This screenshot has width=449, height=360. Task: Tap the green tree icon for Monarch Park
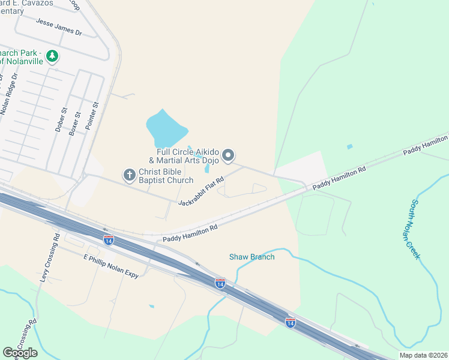(53, 56)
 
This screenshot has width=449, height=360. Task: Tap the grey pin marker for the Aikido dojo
(228, 156)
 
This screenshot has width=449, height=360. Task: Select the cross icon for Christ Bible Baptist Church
(129, 175)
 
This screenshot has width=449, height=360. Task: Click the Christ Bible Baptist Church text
(166, 176)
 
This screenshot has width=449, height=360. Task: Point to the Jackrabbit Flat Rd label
(201, 191)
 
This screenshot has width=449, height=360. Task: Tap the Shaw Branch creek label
(252, 257)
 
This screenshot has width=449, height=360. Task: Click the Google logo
(20, 353)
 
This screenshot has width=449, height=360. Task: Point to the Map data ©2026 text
(423, 355)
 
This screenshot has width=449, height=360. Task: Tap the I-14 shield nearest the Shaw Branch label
(220, 282)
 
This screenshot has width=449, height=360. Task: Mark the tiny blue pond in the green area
(349, 146)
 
